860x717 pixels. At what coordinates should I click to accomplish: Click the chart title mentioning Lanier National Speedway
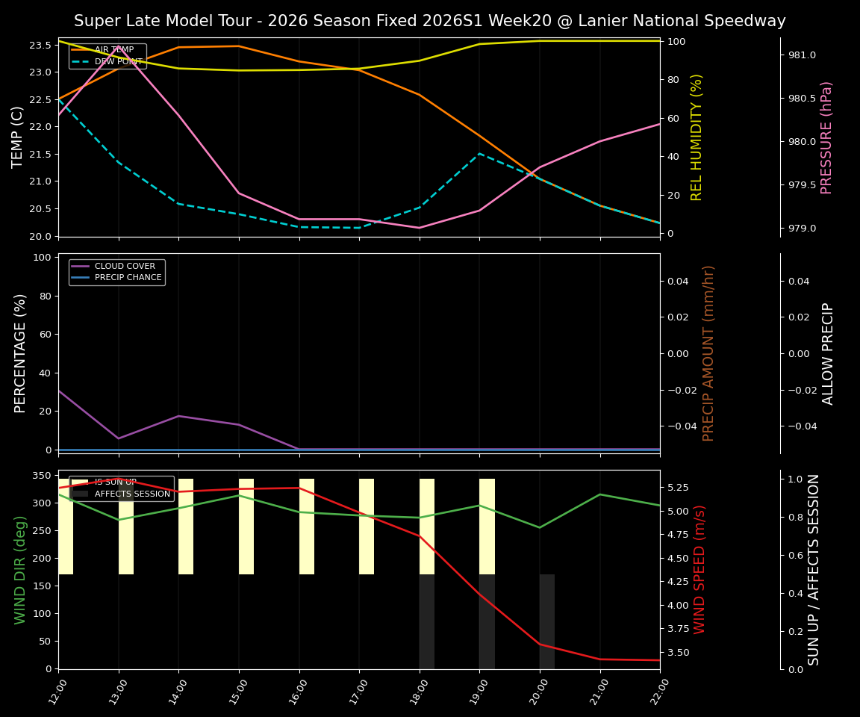tap(429, 21)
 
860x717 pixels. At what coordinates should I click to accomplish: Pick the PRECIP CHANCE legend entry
tap(128, 278)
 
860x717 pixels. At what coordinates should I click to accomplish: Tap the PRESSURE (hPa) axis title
tap(826, 137)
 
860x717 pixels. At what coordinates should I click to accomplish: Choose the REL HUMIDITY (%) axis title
tap(697, 137)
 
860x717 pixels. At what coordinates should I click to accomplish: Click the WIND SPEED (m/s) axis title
tap(699, 569)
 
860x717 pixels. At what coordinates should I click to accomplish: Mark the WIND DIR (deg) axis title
tap(20, 569)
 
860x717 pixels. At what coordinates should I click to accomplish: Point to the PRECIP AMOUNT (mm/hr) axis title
tap(708, 353)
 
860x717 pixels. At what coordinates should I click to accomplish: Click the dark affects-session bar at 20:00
tap(547, 621)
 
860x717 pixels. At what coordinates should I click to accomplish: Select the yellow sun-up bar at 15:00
tap(246, 527)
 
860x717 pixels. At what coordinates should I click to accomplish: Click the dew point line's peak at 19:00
tap(479, 153)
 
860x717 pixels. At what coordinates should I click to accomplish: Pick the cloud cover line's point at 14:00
tap(178, 416)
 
